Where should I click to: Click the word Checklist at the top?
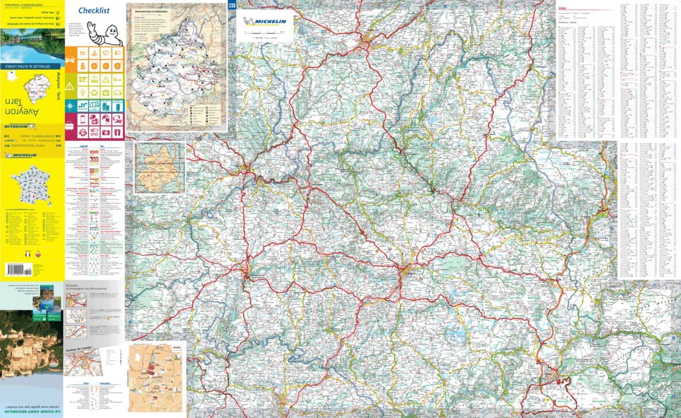point(94,10)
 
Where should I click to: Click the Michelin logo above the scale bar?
point(266,22)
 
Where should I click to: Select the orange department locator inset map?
point(160,168)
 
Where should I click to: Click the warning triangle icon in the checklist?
point(70,86)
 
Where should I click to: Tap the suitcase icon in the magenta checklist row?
point(70,120)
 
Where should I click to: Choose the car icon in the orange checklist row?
point(70,53)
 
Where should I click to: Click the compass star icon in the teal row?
point(70,106)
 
